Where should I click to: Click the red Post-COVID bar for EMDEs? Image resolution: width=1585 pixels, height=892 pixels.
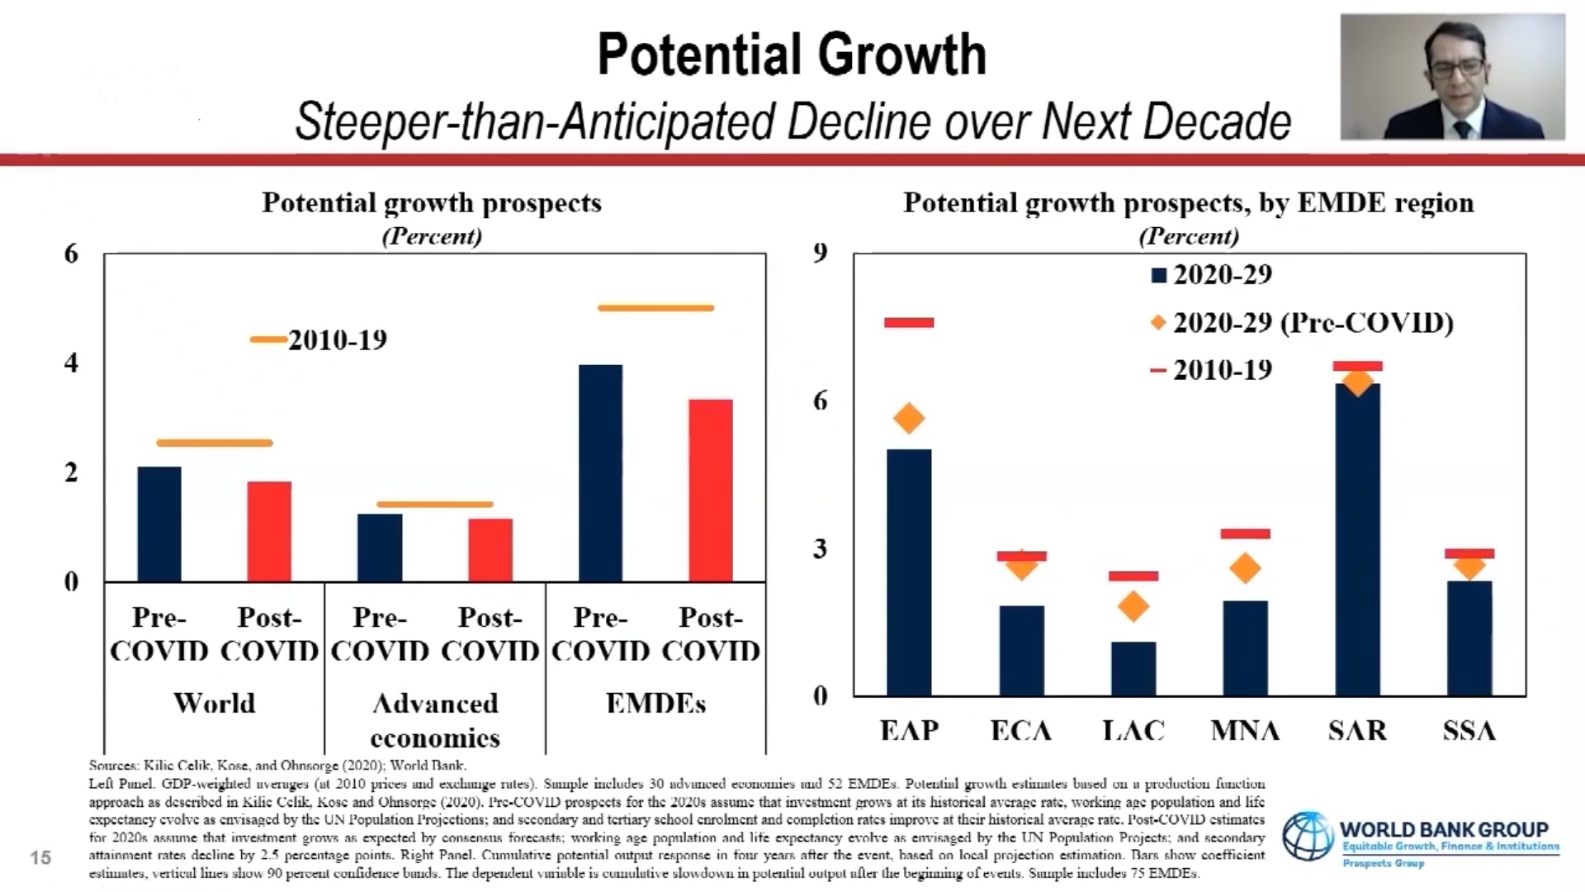tap(711, 491)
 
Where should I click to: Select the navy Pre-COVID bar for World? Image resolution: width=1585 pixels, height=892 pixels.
tap(159, 524)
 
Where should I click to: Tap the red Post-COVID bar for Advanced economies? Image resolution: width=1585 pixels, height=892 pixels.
tap(490, 550)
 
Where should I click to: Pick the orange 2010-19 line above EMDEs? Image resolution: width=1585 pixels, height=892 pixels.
tap(655, 308)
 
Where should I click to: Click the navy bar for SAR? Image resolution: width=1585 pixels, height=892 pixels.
tap(1357, 539)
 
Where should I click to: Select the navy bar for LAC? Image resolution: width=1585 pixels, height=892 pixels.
tap(1133, 668)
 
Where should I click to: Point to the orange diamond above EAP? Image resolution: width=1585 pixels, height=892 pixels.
tap(909, 419)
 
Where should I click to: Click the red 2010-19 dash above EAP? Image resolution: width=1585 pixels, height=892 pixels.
tap(909, 322)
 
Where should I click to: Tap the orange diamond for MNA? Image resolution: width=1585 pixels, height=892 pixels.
tap(1245, 568)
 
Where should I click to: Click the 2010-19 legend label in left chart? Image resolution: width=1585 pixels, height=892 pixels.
tap(337, 339)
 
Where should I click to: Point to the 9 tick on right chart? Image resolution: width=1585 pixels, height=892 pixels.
tap(820, 253)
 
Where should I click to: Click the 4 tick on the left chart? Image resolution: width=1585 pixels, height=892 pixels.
tap(72, 363)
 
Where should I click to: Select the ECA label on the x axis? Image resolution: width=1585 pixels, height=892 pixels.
tap(1021, 730)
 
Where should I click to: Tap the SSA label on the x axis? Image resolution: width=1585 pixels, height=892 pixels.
tap(1469, 730)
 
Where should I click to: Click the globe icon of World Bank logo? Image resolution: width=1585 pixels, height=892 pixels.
tap(1308, 836)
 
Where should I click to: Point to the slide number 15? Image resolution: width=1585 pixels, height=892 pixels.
tap(40, 857)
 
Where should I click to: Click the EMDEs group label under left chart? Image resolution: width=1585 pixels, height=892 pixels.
tap(655, 703)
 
